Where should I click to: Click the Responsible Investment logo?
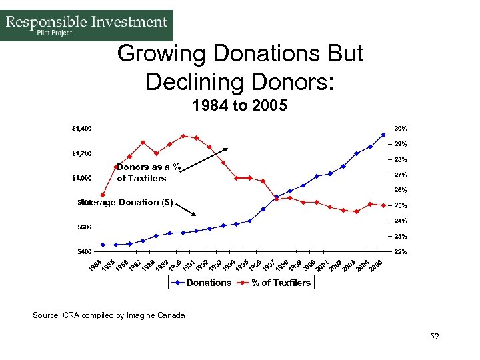coord(87,25)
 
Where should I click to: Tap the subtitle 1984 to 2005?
coord(239,105)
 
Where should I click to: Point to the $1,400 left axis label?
coord(82,128)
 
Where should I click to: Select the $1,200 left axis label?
coord(82,153)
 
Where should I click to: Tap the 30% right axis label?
coord(401,128)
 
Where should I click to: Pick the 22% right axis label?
coord(401,252)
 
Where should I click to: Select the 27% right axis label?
coord(401,175)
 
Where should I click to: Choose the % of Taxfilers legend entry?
coord(280,283)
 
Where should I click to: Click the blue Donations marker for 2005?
coord(383,135)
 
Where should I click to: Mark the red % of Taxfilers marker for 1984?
coord(103,195)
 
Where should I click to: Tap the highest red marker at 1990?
coord(183,136)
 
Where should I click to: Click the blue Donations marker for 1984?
coord(103,245)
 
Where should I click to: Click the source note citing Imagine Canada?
coord(109,315)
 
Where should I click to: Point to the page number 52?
coord(435,337)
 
